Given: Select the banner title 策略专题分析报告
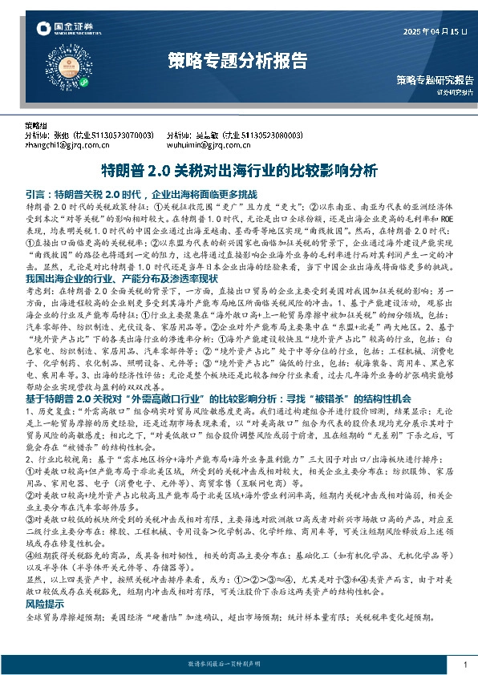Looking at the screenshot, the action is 237,59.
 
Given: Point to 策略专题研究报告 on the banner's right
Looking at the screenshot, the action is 434,79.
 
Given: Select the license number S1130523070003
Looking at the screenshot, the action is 119,137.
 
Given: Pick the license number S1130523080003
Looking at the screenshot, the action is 259,137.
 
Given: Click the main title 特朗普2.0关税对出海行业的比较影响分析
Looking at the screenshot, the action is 238,171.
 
